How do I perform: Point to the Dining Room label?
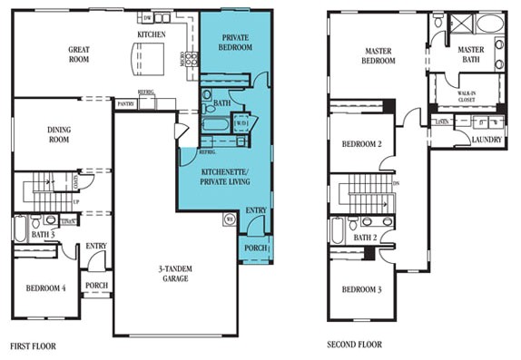(59, 136)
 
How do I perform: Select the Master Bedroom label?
(378, 56)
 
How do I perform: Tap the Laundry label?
(486, 139)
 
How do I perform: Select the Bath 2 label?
(365, 238)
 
